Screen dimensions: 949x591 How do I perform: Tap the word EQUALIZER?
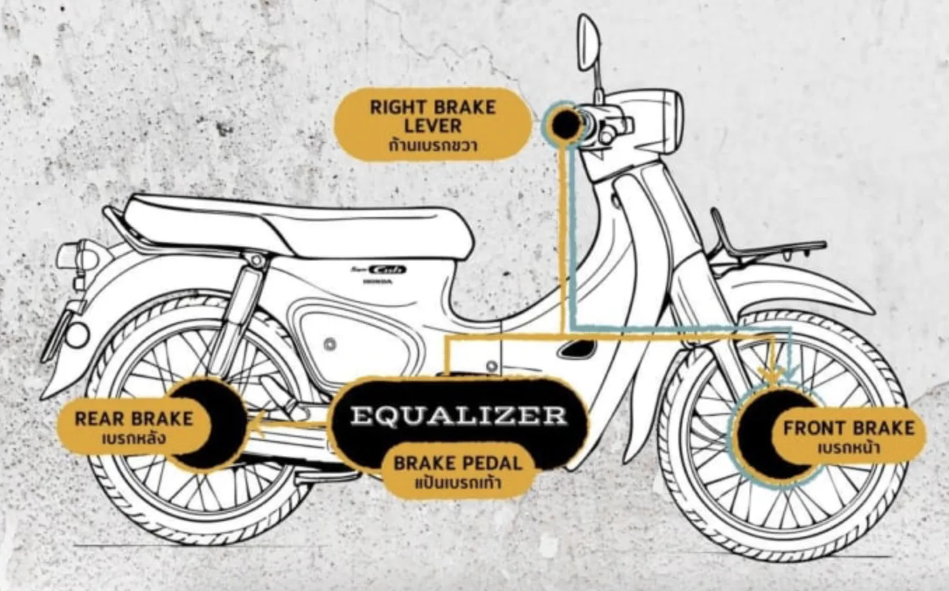click(x=458, y=415)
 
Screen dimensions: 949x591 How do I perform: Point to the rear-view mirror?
click(x=588, y=43)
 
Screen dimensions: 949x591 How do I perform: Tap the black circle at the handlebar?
click(x=565, y=124)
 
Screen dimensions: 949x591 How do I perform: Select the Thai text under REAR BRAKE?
click(x=134, y=440)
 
